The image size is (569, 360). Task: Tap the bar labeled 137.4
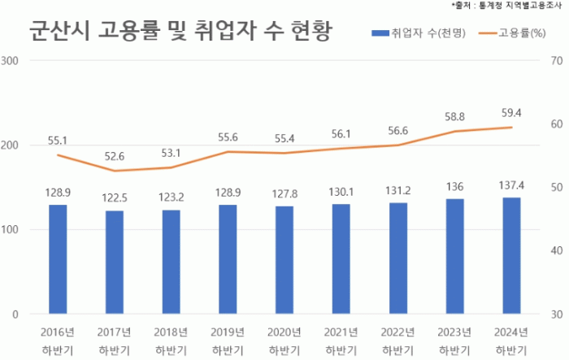pyautogui.click(x=511, y=255)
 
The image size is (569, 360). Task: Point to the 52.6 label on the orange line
pyautogui.click(x=115, y=157)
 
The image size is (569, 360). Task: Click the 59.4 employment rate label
pyautogui.click(x=511, y=113)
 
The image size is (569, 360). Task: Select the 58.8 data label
pyautogui.click(x=454, y=117)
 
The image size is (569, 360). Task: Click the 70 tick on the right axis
pyautogui.click(x=557, y=61)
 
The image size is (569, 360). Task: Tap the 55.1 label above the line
pyautogui.click(x=58, y=140)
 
